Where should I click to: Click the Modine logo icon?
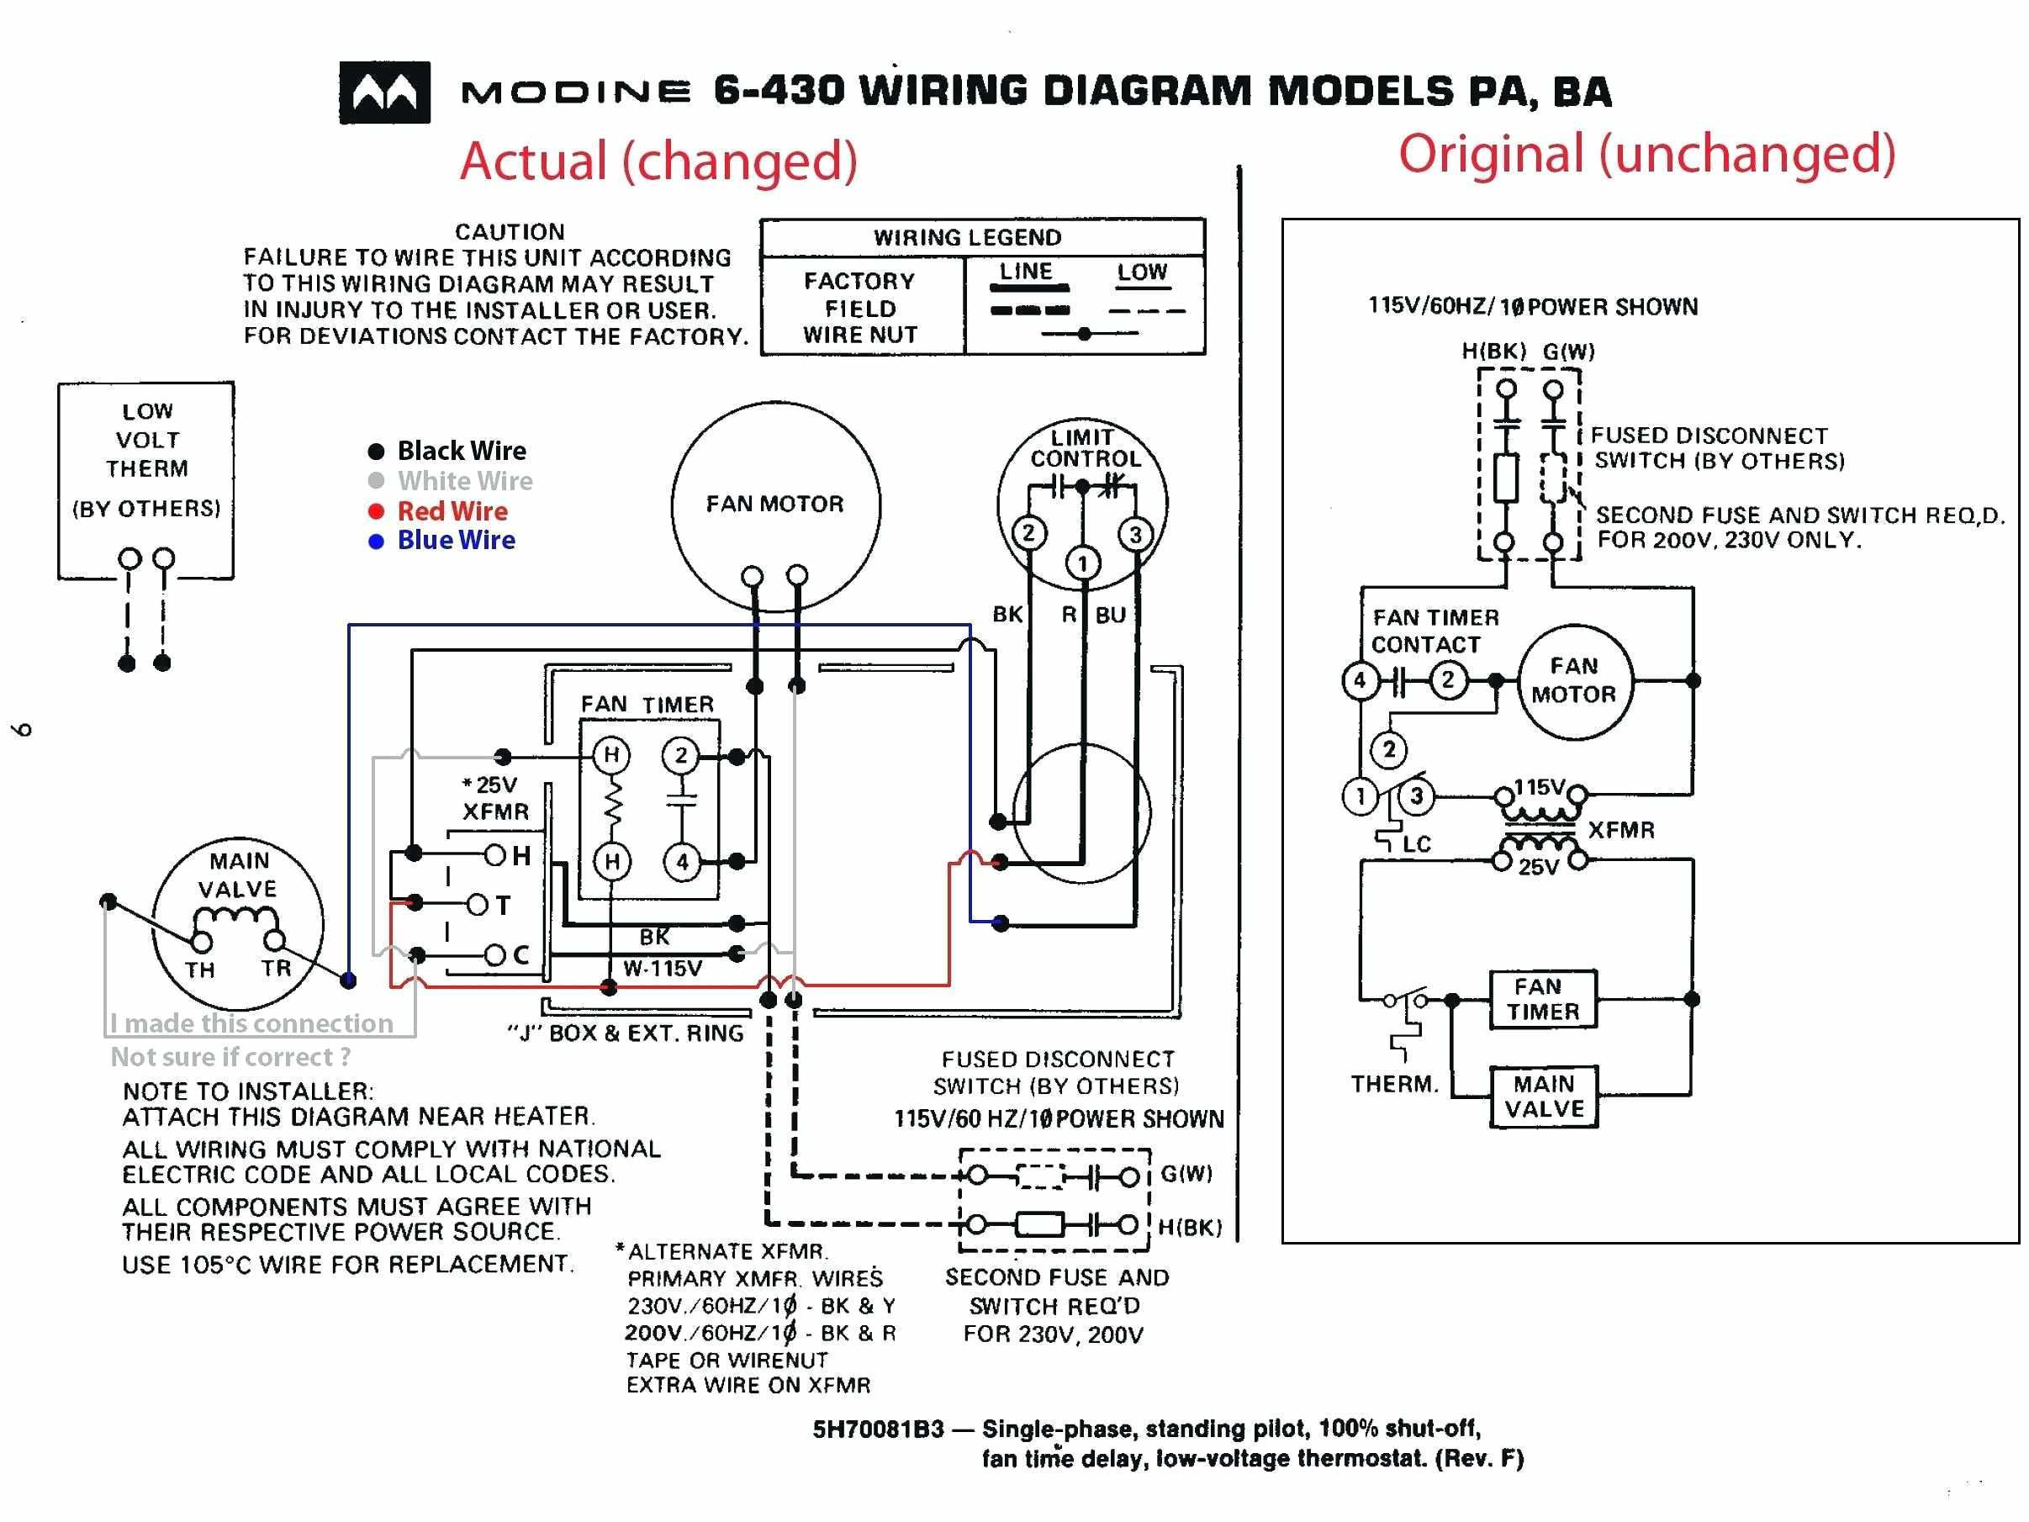pyautogui.click(x=384, y=92)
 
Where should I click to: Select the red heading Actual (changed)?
pyautogui.click(x=658, y=161)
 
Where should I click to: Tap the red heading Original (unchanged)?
pyautogui.click(x=1646, y=153)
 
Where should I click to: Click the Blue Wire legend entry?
pyautogui.click(x=455, y=541)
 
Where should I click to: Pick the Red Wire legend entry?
pyautogui.click(x=452, y=511)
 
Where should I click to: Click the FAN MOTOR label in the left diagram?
pyautogui.click(x=774, y=504)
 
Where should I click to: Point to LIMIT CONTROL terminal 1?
pyautogui.click(x=1082, y=563)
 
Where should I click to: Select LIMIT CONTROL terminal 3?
pyautogui.click(x=1135, y=535)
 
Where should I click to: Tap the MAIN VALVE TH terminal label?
pyautogui.click(x=200, y=970)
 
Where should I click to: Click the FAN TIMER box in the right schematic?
pyautogui.click(x=1543, y=999)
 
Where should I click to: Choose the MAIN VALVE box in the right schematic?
pyautogui.click(x=1544, y=1097)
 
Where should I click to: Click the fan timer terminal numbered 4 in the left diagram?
pyautogui.click(x=682, y=861)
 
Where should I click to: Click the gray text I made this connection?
pyautogui.click(x=251, y=1023)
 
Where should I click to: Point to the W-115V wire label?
pyautogui.click(x=663, y=968)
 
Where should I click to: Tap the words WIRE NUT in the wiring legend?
pyautogui.click(x=859, y=335)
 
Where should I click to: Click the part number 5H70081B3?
pyautogui.click(x=877, y=1429)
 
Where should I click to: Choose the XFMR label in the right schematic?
pyautogui.click(x=1621, y=830)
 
